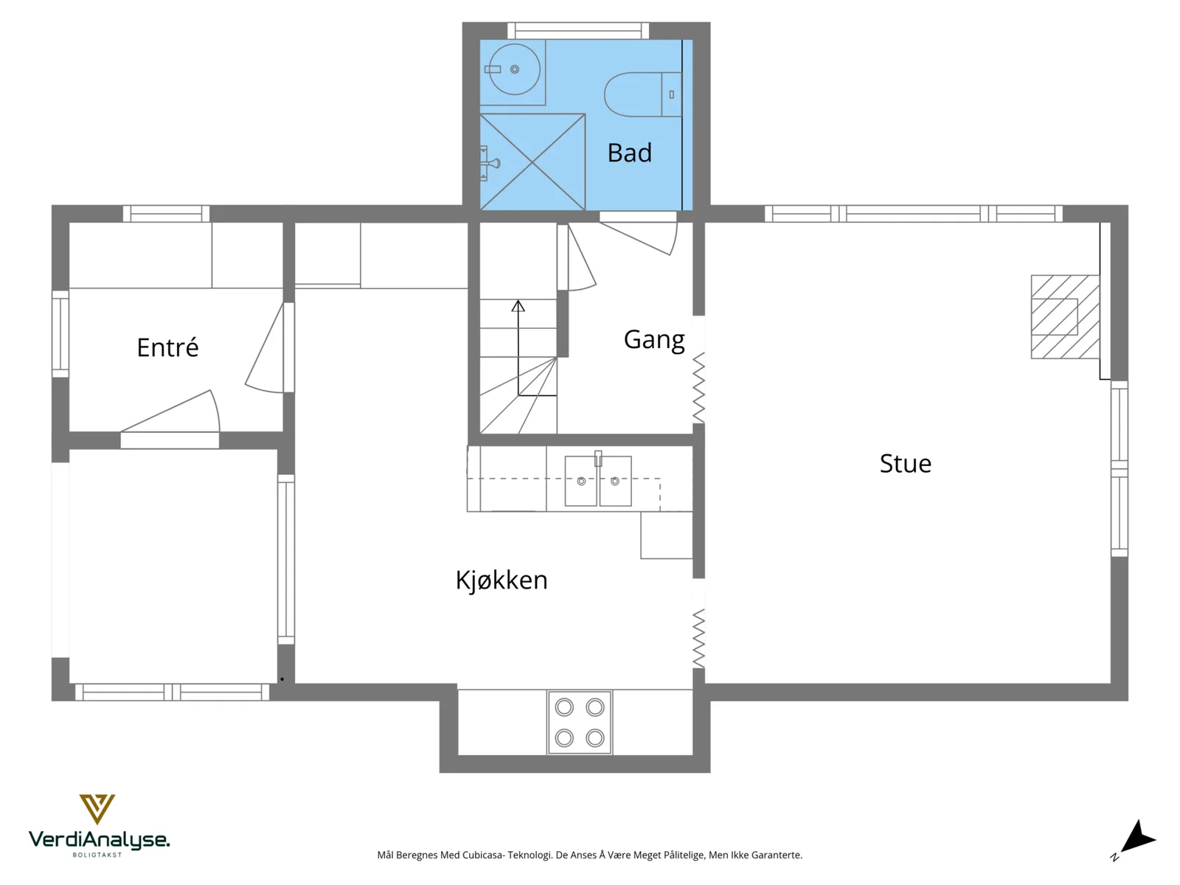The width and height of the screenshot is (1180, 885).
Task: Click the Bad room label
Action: [x=629, y=153]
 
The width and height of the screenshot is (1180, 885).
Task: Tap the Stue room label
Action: [x=906, y=464]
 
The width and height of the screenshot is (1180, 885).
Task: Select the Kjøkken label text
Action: [x=501, y=580]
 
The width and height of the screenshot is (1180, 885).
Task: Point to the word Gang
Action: [x=654, y=340]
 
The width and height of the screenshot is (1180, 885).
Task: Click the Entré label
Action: [x=167, y=347]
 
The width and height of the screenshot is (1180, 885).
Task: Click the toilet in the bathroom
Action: [x=643, y=94]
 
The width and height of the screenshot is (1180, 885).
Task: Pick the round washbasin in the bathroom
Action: [x=515, y=69]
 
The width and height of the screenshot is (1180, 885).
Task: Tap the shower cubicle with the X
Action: [x=532, y=162]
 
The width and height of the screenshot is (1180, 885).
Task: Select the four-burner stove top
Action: [x=580, y=723]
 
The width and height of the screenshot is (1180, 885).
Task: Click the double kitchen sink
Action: [x=598, y=480]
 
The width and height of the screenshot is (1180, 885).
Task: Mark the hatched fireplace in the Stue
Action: [x=1065, y=316]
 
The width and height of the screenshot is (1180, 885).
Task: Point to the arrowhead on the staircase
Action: [x=518, y=306]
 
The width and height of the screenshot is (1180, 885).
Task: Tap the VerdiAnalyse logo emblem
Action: [x=97, y=809]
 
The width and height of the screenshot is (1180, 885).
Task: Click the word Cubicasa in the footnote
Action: [x=482, y=855]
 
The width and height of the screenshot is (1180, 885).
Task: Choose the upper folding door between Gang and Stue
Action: [x=698, y=387]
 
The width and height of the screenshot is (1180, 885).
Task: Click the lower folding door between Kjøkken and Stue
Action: [x=698, y=639]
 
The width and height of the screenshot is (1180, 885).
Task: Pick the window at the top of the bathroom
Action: [x=578, y=30]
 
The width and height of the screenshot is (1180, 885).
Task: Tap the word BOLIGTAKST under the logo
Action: [x=97, y=855]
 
